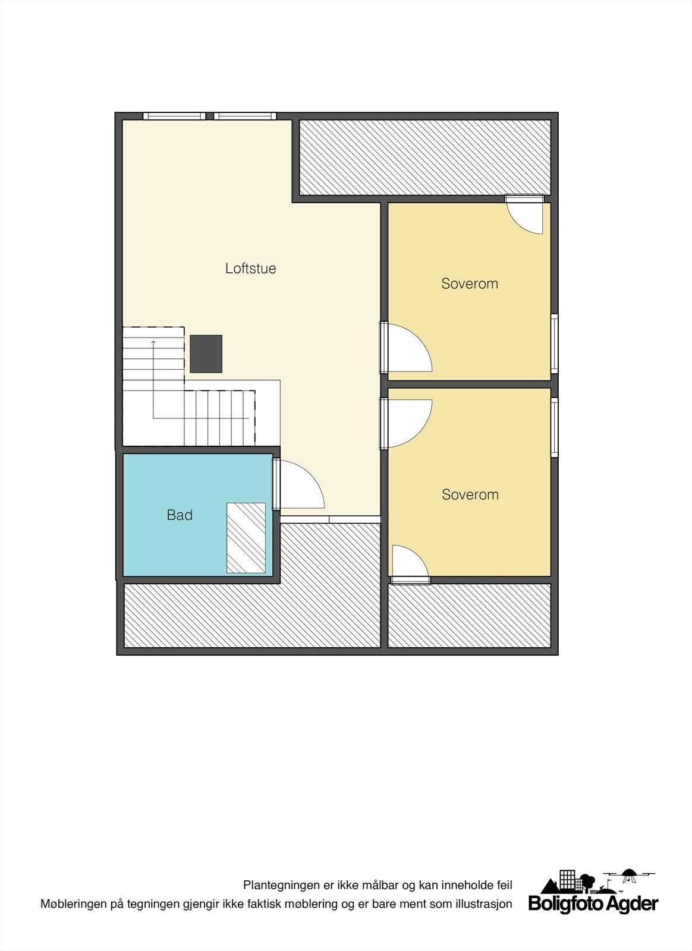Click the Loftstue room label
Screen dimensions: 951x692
click(x=250, y=268)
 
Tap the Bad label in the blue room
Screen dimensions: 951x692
click(x=180, y=515)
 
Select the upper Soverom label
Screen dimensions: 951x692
click(x=469, y=284)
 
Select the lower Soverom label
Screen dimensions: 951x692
click(x=470, y=495)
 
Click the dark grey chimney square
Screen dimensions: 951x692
click(x=206, y=354)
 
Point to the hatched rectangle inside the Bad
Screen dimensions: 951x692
click(x=246, y=538)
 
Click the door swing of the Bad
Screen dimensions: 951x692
click(x=300, y=486)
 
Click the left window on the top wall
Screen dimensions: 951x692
click(x=174, y=116)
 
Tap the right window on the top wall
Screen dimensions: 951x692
click(x=245, y=116)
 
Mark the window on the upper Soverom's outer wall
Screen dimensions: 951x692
click(x=554, y=343)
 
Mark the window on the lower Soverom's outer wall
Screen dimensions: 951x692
click(x=554, y=426)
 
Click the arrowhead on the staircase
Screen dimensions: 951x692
click(x=153, y=342)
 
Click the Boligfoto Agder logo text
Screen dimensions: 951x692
click(x=593, y=904)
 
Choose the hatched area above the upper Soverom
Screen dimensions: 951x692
click(x=424, y=158)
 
